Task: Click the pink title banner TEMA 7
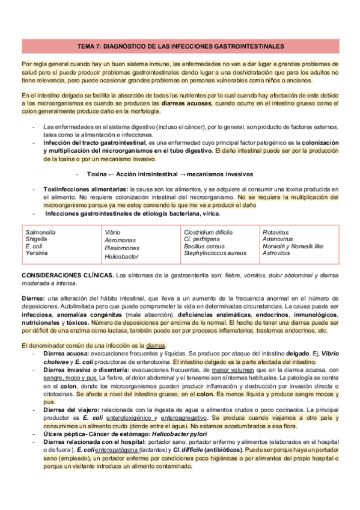(x=180, y=46)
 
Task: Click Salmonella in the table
(x=40, y=231)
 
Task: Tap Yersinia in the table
(x=36, y=253)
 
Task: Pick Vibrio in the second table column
(x=112, y=232)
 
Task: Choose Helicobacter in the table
(x=121, y=256)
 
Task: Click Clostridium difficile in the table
(x=208, y=231)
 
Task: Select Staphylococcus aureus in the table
(x=215, y=253)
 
